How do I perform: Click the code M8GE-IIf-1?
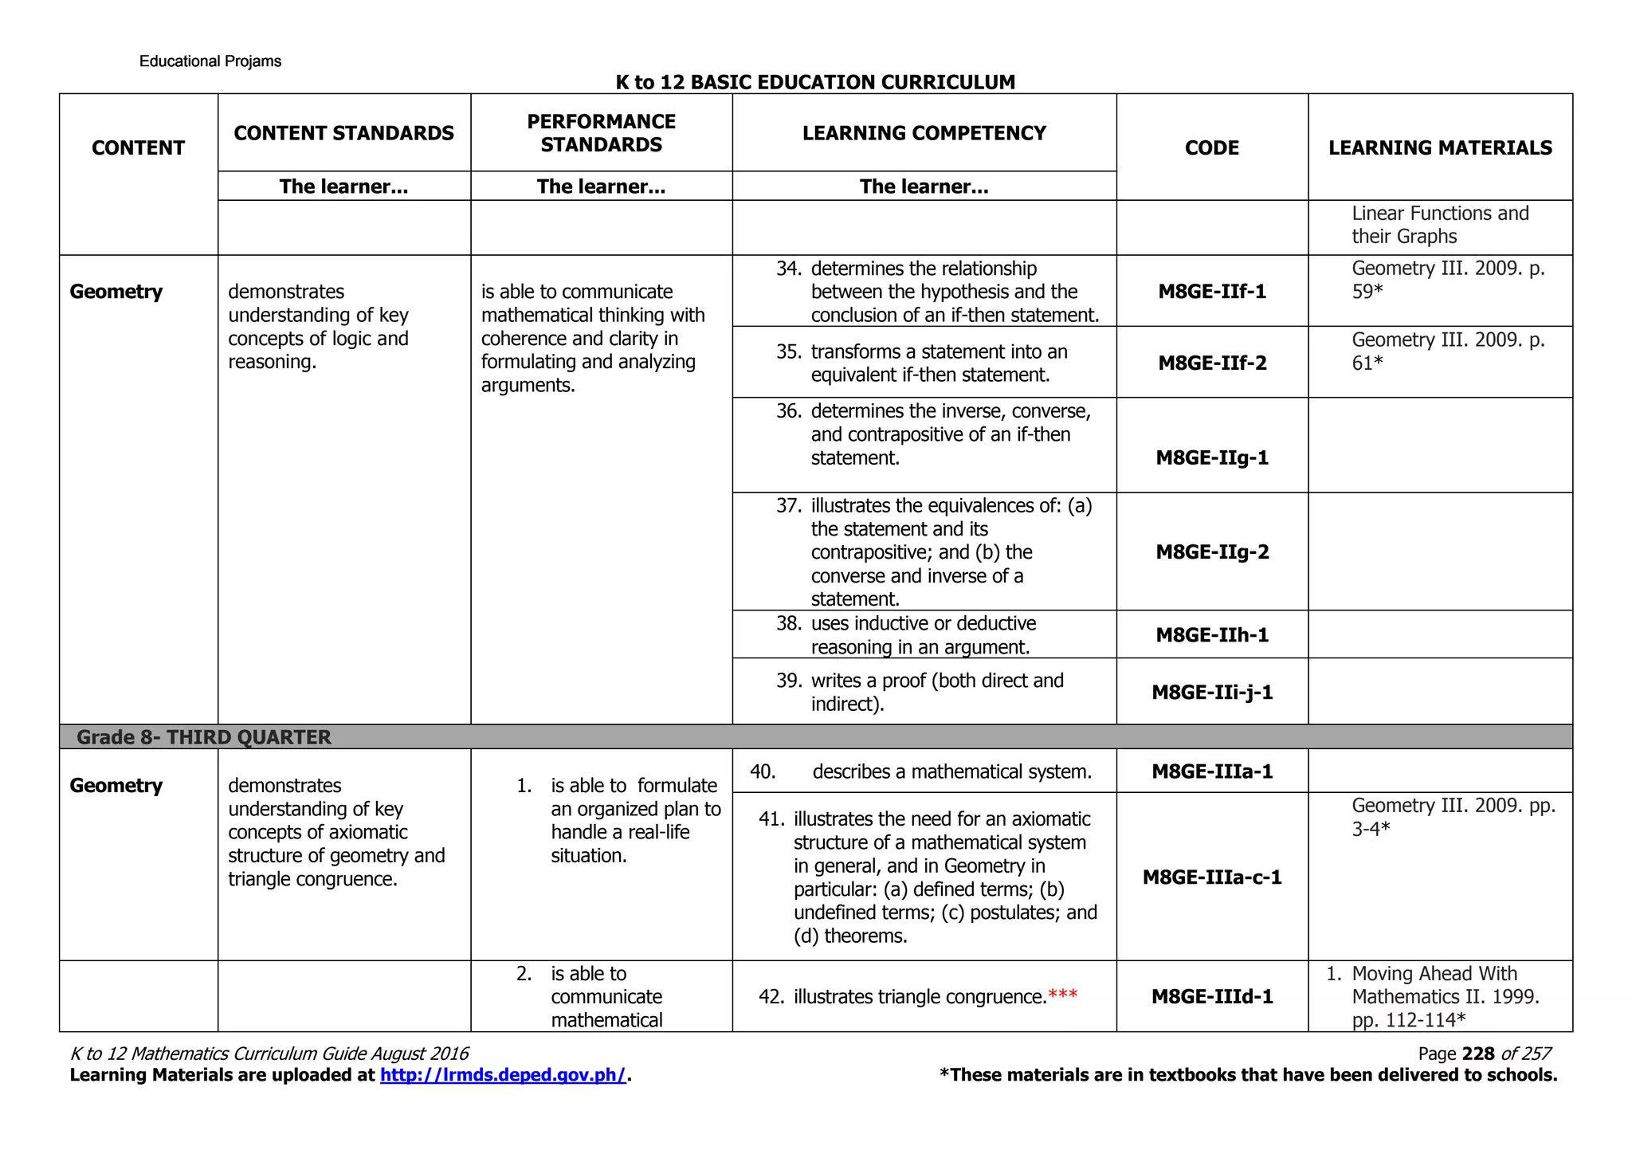click(1211, 292)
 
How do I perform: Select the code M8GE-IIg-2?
click(1211, 552)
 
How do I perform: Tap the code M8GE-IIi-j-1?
click(1211, 693)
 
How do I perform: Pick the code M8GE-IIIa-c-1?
click(1211, 877)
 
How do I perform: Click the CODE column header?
click(1211, 148)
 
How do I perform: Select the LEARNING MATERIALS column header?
click(1439, 148)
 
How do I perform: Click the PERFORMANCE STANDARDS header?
click(601, 133)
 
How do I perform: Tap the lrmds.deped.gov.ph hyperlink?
click(503, 1075)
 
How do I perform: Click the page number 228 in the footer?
click(1478, 1054)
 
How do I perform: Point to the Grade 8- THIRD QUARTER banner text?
click(204, 737)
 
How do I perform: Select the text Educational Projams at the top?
click(210, 61)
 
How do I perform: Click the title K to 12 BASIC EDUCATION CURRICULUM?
click(815, 82)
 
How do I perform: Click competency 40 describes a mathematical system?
click(951, 771)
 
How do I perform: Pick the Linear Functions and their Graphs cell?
click(1439, 225)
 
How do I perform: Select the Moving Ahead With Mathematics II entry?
click(1444, 996)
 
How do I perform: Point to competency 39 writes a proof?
click(936, 692)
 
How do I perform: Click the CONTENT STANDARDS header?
click(343, 133)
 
